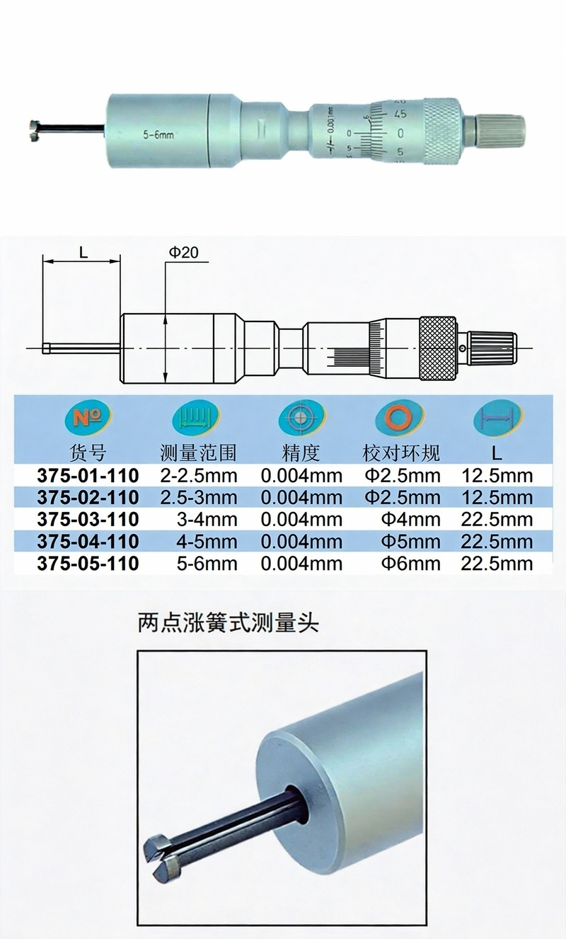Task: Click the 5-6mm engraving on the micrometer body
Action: pyautogui.click(x=158, y=135)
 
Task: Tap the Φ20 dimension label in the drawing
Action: pyautogui.click(x=183, y=253)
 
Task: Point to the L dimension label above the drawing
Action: pyautogui.click(x=83, y=252)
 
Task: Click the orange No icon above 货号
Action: pyautogui.click(x=88, y=418)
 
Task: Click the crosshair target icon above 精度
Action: pyautogui.click(x=301, y=418)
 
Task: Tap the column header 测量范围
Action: pyautogui.click(x=198, y=453)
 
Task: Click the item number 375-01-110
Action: pyautogui.click(x=88, y=475)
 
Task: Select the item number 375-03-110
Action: pyautogui.click(x=88, y=519)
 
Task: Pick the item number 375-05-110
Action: pyautogui.click(x=88, y=564)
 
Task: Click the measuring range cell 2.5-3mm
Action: pyautogui.click(x=199, y=498)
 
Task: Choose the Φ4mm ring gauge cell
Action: pyautogui.click(x=410, y=519)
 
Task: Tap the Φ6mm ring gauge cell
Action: pyautogui.click(x=410, y=564)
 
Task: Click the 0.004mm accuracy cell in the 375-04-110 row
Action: pyautogui.click(x=301, y=542)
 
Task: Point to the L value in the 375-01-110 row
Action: pyautogui.click(x=497, y=475)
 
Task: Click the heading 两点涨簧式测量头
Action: pyautogui.click(x=229, y=623)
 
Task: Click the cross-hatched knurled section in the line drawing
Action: pyautogui.click(x=438, y=349)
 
